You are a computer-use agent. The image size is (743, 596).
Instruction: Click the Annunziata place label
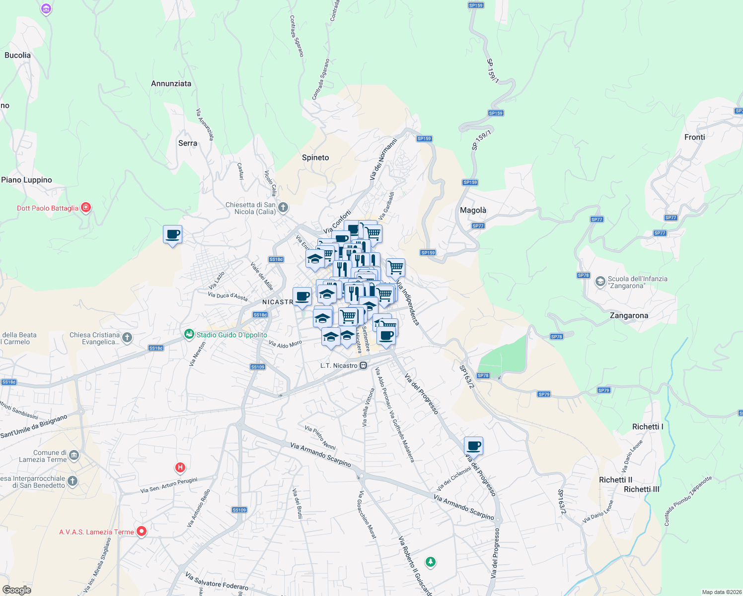171,83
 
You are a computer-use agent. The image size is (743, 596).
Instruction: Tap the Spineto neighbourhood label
315,157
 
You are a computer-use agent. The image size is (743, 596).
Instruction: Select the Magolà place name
473,210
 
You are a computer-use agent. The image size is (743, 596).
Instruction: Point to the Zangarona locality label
629,315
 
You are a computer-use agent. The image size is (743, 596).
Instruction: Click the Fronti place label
694,137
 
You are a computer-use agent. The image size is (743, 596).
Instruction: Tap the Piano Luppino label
26,180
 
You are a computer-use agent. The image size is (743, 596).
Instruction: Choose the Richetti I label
647,427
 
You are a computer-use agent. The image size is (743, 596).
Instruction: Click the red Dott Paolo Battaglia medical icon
86,207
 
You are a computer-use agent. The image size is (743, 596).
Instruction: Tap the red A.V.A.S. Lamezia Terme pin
142,531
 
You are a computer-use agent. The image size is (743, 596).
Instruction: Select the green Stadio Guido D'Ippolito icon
189,334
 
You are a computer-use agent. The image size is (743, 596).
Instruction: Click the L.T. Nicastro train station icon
364,366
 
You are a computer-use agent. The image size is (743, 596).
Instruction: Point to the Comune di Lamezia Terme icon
74,455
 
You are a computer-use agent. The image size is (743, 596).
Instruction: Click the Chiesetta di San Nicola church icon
283,208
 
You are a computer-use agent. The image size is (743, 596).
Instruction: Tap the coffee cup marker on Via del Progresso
474,446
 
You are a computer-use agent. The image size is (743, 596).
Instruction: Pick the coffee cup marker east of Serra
172,234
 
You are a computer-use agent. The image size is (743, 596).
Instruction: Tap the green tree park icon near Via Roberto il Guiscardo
431,562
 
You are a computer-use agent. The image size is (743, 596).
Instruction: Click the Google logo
17,590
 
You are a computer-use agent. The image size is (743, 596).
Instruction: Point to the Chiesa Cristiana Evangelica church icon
127,338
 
